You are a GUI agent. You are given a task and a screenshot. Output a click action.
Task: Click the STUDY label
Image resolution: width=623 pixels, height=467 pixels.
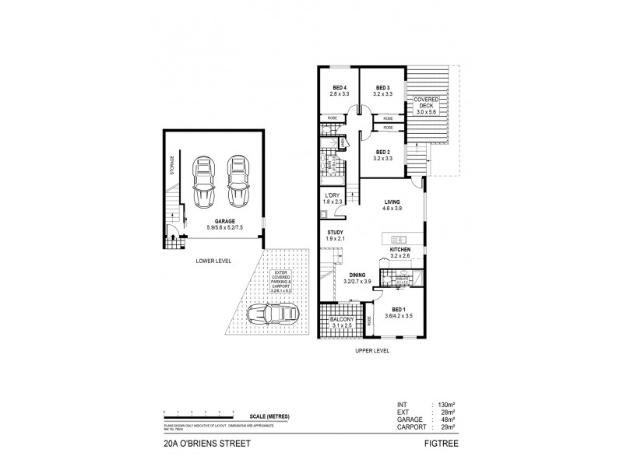coord(336,236)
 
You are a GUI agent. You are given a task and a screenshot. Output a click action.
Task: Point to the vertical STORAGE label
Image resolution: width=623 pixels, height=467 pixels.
coord(171,165)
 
